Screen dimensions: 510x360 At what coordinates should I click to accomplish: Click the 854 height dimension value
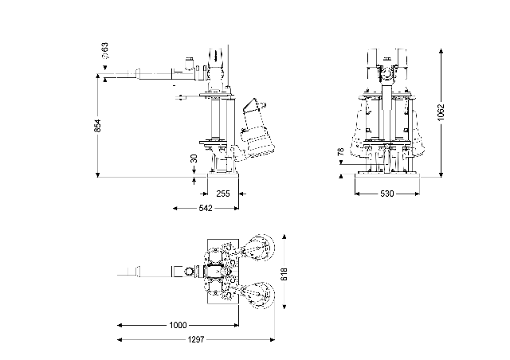[x=98, y=126]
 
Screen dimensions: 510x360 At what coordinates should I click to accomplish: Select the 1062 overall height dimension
[x=441, y=112]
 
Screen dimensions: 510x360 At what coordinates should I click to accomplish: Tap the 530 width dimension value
[x=387, y=194]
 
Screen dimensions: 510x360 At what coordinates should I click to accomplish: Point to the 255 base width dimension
[x=223, y=194]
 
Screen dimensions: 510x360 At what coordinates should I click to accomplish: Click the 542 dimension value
[x=206, y=208]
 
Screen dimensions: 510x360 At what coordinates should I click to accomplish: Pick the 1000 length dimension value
[x=178, y=325]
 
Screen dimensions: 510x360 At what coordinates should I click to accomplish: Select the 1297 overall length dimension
[x=196, y=340]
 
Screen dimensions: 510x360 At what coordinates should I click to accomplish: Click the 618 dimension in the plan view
[x=284, y=274]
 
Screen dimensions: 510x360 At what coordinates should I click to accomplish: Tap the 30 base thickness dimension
[x=194, y=158]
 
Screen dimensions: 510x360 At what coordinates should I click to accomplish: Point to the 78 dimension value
[x=341, y=152]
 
